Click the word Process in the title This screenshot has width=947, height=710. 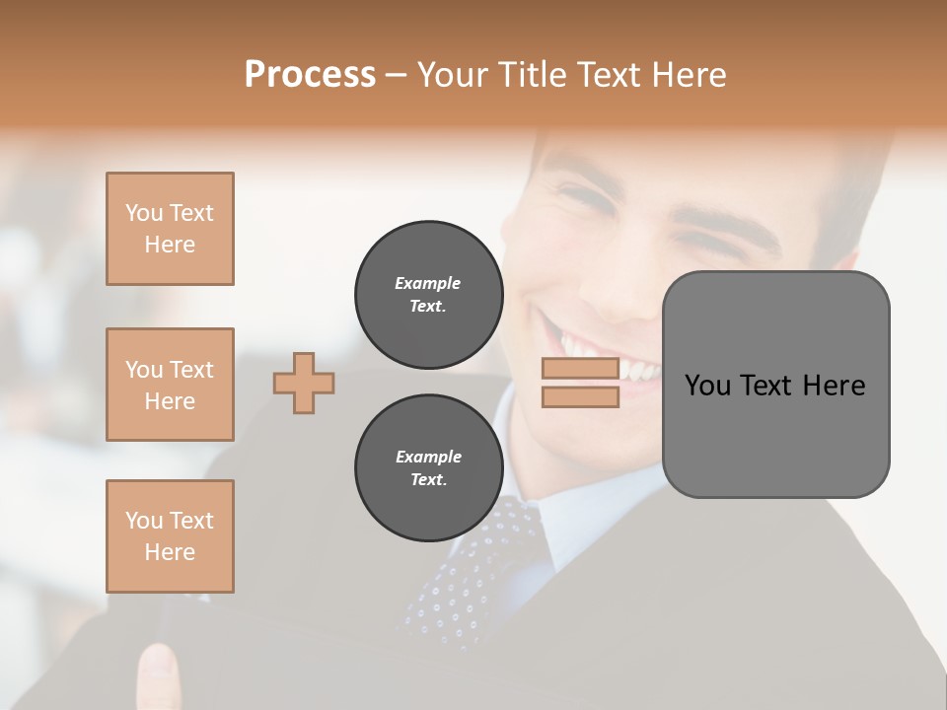310,75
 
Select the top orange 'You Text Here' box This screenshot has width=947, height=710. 170,229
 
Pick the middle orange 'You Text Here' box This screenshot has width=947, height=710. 170,385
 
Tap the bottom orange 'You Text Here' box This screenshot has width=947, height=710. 170,536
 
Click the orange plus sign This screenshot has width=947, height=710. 304,383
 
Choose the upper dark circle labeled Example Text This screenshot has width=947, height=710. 428,295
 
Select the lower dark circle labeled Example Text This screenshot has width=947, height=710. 428,468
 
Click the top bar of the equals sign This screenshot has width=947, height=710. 580,369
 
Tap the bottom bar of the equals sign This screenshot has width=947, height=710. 580,397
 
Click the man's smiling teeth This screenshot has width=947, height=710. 612,360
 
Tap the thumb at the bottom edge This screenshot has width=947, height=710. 158,675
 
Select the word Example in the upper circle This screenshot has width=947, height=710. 428,283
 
